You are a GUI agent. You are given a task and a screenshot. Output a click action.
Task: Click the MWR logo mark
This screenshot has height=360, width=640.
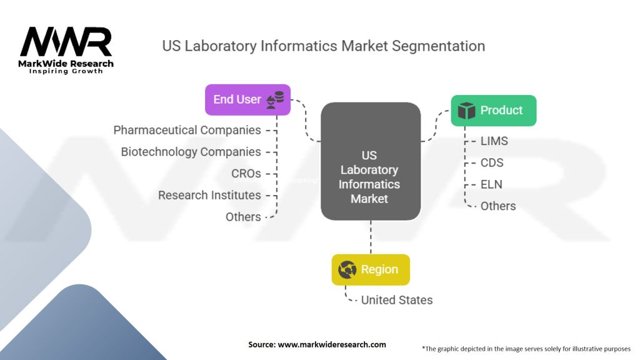coord(66,42)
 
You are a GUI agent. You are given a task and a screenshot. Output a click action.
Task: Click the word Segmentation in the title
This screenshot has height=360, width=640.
coord(438,46)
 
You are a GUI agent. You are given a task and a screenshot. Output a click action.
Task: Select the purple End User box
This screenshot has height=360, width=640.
coord(247,99)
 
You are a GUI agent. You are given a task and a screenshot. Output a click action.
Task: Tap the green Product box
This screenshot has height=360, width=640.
coord(494,111)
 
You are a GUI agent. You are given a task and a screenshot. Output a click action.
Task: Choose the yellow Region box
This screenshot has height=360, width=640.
coord(371,270)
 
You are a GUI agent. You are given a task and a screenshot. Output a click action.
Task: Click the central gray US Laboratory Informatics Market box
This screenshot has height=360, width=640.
coord(371,161)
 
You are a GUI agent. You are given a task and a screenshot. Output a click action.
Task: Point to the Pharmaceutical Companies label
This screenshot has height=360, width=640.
coord(187,130)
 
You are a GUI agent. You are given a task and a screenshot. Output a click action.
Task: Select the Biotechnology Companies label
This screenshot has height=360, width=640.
coord(191,152)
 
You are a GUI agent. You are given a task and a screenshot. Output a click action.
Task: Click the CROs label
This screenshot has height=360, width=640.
coord(246,174)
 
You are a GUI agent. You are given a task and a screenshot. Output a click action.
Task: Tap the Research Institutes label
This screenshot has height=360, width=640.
coord(209,195)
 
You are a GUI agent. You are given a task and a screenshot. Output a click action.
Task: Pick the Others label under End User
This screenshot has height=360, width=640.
coord(243,217)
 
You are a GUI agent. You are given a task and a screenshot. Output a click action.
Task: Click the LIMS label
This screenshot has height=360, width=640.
coord(494,141)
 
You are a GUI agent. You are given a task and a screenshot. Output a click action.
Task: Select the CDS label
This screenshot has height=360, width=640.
coord(492,163)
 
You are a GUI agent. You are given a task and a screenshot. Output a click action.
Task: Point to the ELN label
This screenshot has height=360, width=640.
coord(491,184)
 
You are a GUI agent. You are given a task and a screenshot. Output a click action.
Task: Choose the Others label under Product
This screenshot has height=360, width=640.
coord(498,206)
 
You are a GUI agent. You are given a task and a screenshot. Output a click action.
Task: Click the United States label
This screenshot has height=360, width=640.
coord(397,300)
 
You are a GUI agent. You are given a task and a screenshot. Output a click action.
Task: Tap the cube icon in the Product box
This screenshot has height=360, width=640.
coord(466,111)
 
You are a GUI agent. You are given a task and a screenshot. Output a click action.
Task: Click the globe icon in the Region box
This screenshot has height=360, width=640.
coord(347,270)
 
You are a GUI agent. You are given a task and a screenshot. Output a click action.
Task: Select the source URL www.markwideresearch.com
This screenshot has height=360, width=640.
coord(332,344)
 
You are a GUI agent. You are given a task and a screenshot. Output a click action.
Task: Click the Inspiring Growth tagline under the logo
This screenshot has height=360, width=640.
coord(66,71)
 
